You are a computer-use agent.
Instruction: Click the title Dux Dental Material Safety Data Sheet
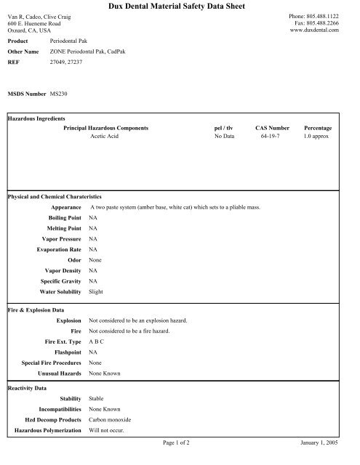(180, 7)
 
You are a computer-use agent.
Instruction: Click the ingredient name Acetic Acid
(105, 135)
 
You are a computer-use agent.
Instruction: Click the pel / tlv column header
(223, 127)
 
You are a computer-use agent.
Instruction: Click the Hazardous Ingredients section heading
(36, 118)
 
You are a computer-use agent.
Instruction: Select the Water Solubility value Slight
(96, 291)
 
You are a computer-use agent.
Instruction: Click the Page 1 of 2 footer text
(179, 441)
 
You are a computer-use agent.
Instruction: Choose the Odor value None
(95, 259)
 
